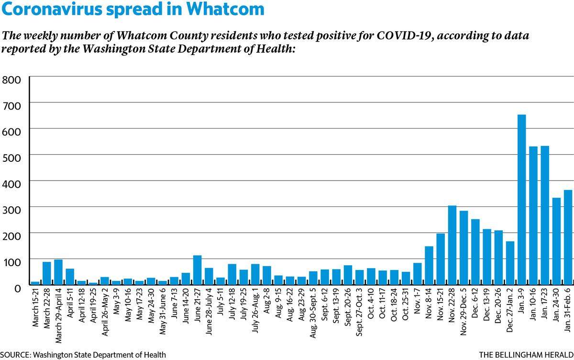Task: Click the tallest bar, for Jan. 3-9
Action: tap(522, 200)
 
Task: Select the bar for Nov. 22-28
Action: tap(453, 245)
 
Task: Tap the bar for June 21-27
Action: tap(197, 270)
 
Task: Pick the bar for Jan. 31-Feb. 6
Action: tap(568, 237)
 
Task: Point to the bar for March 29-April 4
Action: tap(58, 272)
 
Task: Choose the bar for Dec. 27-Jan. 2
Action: tap(510, 263)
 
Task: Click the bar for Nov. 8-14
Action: tap(429, 265)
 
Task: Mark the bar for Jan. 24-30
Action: tap(556, 241)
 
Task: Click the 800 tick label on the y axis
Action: tap(11, 80)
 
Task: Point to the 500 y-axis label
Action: tap(11, 158)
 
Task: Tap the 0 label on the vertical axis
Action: tap(17, 289)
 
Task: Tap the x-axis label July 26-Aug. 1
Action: tap(255, 311)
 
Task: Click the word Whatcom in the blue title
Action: tap(225, 9)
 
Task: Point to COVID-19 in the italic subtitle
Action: tap(405, 35)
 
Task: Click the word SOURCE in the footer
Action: tap(16, 355)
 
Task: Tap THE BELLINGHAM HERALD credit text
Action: tap(526, 355)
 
